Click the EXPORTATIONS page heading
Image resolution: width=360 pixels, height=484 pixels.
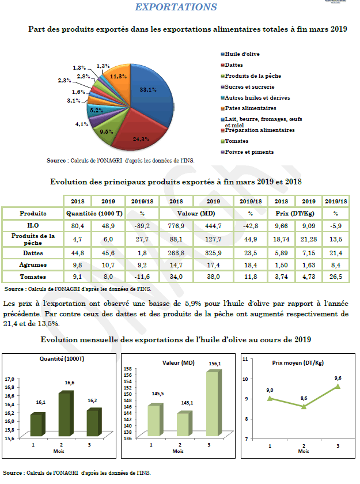click(176, 7)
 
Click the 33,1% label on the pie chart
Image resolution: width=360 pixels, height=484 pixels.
click(149, 90)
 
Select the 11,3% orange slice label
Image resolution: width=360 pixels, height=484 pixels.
click(119, 77)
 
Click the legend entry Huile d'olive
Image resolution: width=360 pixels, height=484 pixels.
click(242, 54)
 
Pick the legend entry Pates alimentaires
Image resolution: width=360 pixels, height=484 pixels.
click(251, 108)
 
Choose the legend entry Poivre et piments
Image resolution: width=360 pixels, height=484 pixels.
click(249, 152)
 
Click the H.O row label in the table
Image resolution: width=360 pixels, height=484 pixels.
click(33, 225)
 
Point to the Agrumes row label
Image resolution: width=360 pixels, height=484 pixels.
click(33, 265)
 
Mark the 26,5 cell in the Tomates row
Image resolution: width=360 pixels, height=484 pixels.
click(336, 277)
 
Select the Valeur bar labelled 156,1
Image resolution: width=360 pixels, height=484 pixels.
click(213, 403)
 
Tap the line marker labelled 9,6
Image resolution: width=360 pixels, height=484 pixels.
click(338, 387)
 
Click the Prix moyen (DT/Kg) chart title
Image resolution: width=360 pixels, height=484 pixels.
click(297, 363)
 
